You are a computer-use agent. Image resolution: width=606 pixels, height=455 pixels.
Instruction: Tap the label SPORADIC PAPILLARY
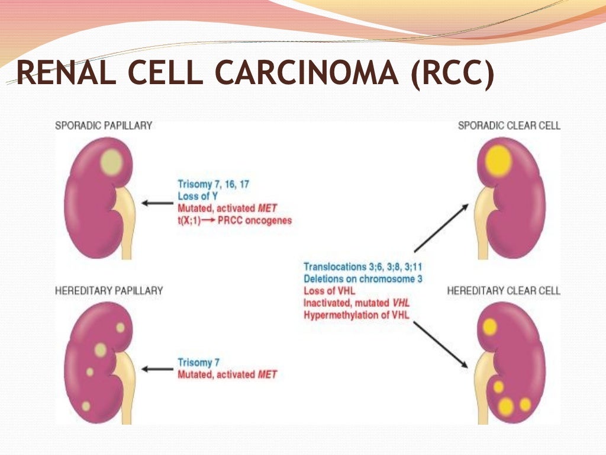[x=104, y=126]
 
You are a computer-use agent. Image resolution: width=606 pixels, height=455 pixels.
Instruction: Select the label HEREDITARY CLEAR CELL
[x=504, y=291]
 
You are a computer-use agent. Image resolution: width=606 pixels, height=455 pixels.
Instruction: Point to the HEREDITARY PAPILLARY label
[x=109, y=291]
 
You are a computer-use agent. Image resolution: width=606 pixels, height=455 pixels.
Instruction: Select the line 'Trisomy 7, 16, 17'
[x=213, y=184]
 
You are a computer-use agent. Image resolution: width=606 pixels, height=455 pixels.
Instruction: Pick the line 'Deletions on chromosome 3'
[x=363, y=278]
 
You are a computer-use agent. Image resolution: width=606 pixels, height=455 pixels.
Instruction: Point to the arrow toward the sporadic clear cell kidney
[x=441, y=227]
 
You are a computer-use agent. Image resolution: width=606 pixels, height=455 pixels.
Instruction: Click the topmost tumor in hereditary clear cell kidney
[x=489, y=326]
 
